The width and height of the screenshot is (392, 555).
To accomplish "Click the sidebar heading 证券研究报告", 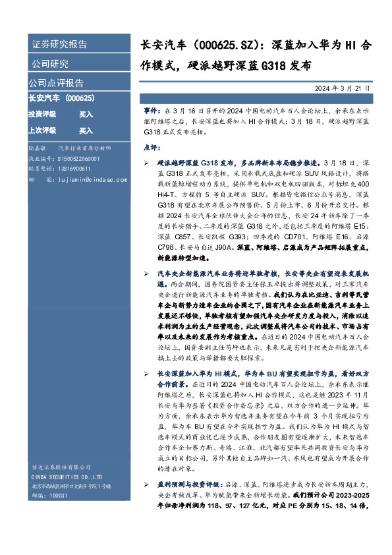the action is point(59,45).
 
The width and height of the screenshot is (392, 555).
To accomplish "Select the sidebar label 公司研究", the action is point(49,64).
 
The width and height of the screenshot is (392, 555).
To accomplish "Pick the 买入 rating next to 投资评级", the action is point(86,114).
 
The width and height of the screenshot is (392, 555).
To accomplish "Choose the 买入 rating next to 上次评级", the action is point(86,131).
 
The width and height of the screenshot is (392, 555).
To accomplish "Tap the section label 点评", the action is point(151,147).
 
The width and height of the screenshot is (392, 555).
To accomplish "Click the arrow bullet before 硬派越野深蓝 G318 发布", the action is point(146,161).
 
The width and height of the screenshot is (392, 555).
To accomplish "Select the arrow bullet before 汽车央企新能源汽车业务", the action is point(146,272).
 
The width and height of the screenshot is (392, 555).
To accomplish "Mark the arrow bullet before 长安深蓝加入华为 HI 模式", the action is point(146,374).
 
